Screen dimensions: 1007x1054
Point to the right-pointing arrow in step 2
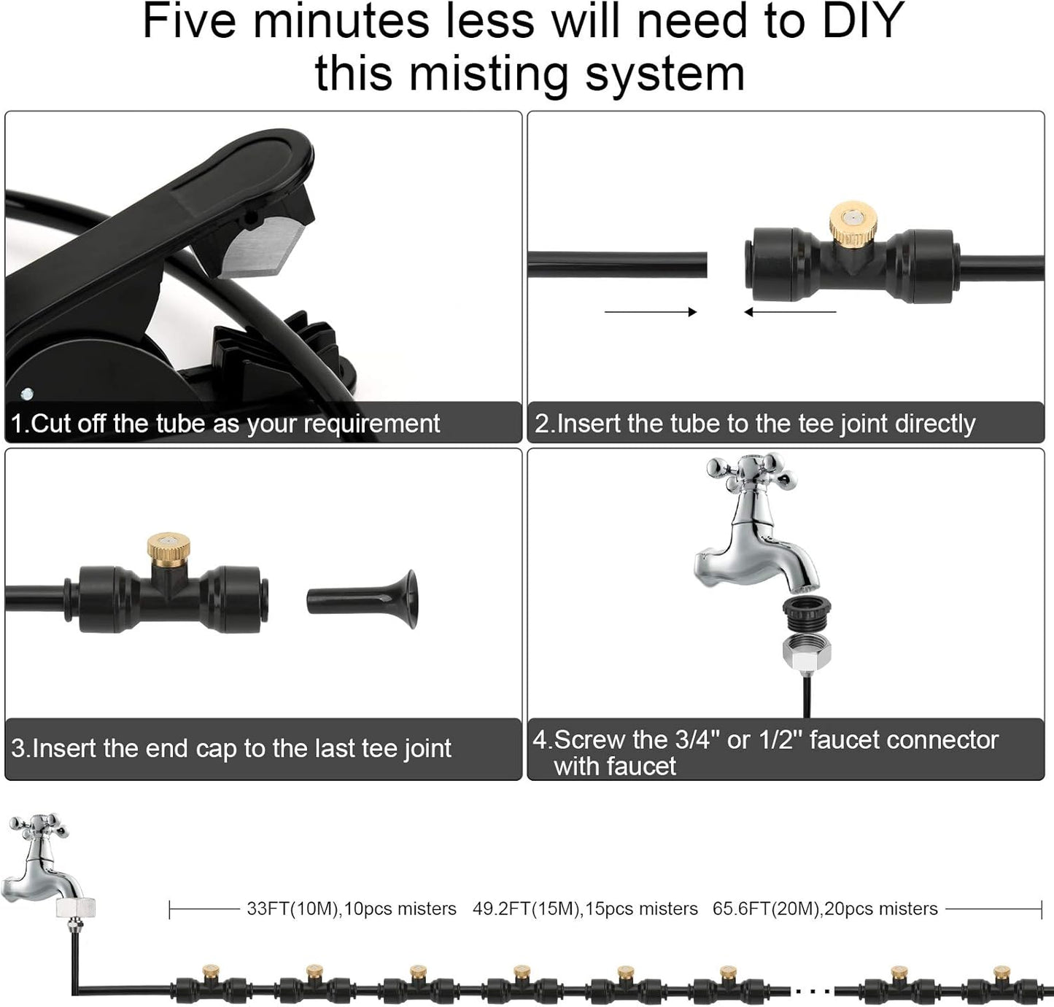click(x=651, y=312)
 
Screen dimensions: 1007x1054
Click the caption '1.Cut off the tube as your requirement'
click(x=225, y=424)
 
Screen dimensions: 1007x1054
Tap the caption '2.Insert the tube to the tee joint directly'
click(x=755, y=424)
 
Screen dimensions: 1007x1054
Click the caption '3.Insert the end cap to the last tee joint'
click(x=231, y=749)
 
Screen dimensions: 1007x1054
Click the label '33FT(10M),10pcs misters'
click(x=351, y=909)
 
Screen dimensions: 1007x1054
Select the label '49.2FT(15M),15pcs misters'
click(x=585, y=909)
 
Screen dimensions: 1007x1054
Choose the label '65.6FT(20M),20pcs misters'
click(x=825, y=909)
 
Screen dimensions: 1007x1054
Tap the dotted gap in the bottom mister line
click(x=812, y=991)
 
